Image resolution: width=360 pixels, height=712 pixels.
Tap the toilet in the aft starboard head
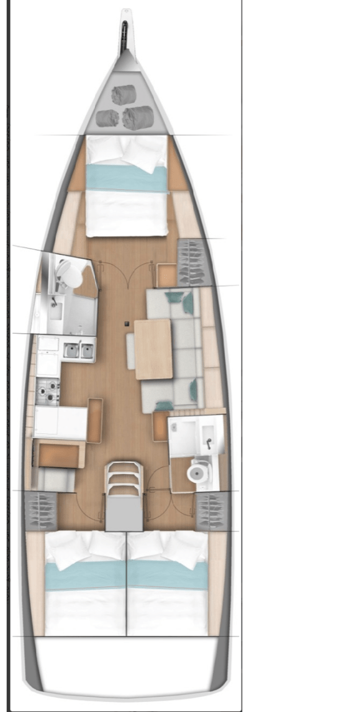[x=197, y=473]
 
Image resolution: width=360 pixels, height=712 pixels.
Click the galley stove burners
[x=48, y=392]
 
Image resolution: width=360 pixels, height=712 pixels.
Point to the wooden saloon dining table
[x=154, y=349]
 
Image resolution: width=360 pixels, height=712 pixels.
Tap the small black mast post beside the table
[x=126, y=323]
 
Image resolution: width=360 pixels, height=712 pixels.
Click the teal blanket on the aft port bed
[x=86, y=575]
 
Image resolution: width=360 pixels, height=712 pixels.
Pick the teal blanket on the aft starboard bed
[x=167, y=575]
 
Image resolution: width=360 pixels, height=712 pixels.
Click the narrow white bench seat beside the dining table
[x=131, y=350]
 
